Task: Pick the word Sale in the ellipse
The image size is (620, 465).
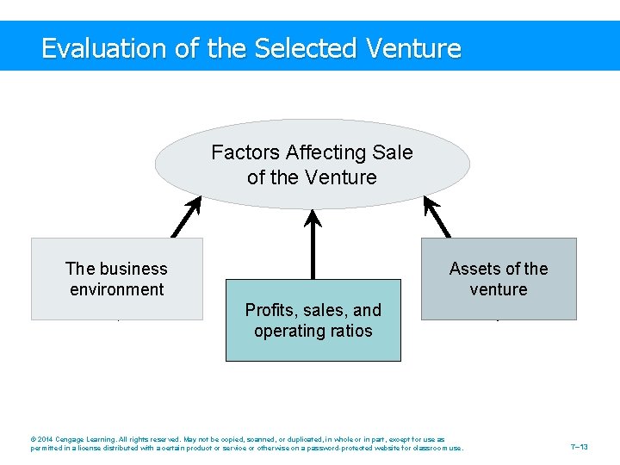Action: click(393, 152)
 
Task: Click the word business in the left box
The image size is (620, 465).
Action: click(133, 269)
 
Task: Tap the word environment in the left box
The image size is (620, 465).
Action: click(117, 289)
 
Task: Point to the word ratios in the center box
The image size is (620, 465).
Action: click(350, 331)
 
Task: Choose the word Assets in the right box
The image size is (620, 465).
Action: click(473, 269)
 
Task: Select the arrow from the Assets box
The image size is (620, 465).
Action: click(437, 217)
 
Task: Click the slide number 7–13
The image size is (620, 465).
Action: click(579, 447)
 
